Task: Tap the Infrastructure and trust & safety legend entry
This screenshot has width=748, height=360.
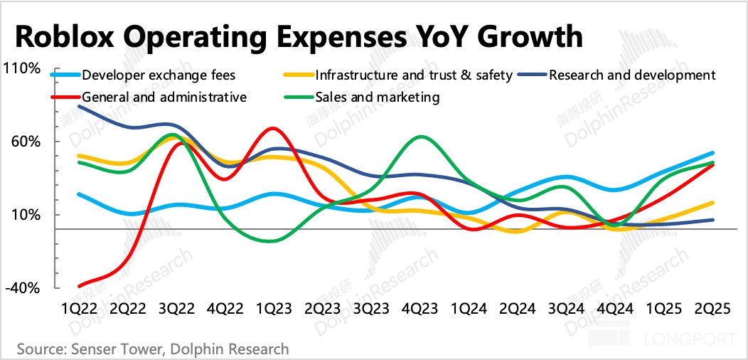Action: (413, 75)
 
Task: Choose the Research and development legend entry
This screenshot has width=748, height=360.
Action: (632, 75)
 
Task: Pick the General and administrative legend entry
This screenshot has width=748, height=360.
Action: (164, 97)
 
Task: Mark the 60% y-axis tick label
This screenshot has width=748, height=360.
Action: (25, 142)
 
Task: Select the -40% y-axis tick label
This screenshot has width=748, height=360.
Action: (23, 288)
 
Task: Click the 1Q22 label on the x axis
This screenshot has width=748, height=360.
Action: (80, 308)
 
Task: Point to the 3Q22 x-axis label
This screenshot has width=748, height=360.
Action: (176, 308)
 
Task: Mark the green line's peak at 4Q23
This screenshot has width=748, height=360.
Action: (422, 137)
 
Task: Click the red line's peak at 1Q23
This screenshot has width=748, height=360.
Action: (272, 129)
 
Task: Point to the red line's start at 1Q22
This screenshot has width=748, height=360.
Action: (80, 286)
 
